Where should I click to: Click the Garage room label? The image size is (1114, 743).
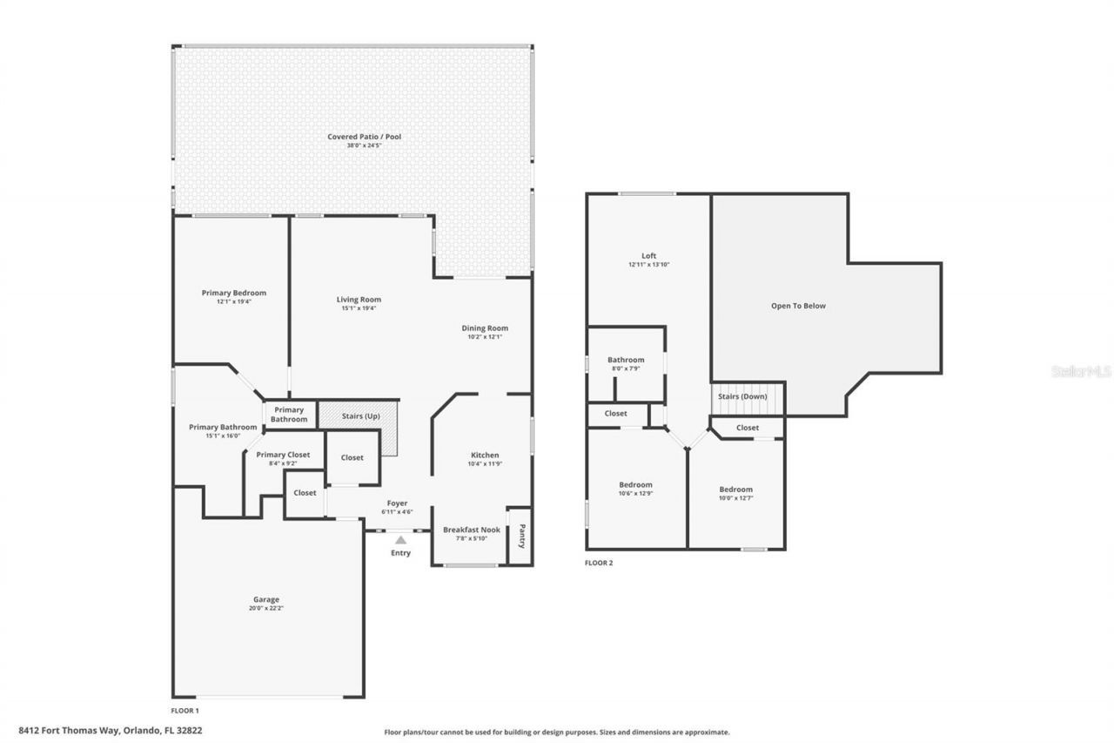(266, 599)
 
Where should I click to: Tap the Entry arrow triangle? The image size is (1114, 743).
(400, 540)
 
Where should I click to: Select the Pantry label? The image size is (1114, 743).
(521, 535)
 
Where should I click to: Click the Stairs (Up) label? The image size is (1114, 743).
(359, 416)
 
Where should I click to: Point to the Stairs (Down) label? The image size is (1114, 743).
(742, 396)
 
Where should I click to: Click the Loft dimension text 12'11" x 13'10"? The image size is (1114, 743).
(648, 265)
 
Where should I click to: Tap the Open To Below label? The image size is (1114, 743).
(798, 306)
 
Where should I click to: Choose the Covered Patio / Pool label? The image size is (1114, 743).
(364, 137)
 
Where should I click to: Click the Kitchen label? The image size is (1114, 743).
(485, 455)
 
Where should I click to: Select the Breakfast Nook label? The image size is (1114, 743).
(472, 530)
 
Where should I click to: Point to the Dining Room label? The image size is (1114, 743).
(485, 328)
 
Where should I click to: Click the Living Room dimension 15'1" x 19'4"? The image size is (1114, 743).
(359, 308)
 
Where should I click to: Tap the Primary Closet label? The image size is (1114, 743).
(283, 455)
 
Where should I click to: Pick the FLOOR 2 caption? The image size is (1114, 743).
(599, 563)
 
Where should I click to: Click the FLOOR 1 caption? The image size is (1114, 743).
(185, 711)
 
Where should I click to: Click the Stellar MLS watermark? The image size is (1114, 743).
(1081, 371)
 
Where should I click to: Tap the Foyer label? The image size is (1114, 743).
(397, 503)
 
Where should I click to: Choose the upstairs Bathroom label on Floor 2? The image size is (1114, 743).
(626, 360)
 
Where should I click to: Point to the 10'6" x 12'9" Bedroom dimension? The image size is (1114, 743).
(635, 494)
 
